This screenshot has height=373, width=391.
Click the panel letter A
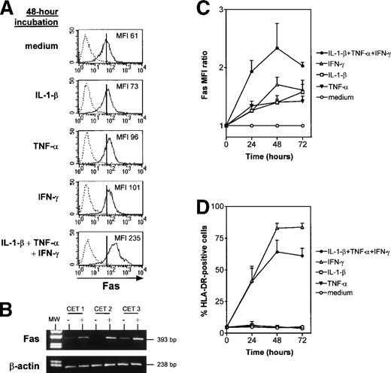[x=8, y=8]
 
